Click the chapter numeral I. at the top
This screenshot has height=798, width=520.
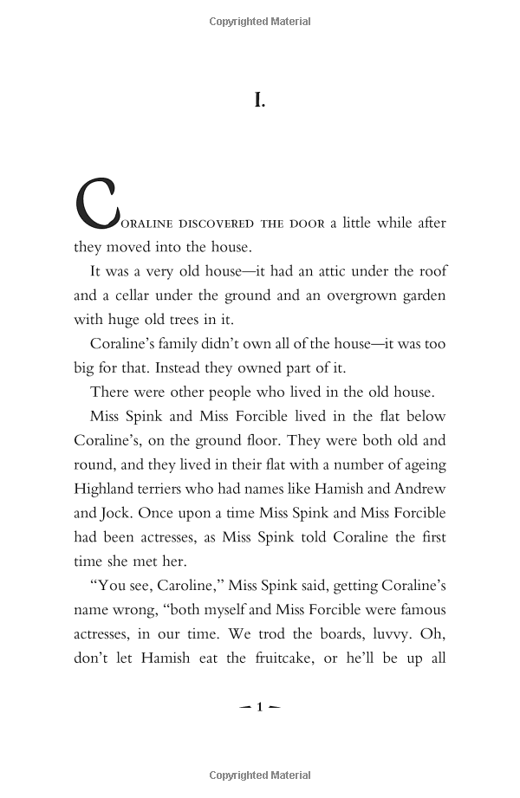tap(260, 101)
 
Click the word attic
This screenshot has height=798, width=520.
tap(302, 270)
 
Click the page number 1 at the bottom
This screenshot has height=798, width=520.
tap(259, 707)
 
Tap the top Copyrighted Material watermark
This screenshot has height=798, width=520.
tap(259, 21)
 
